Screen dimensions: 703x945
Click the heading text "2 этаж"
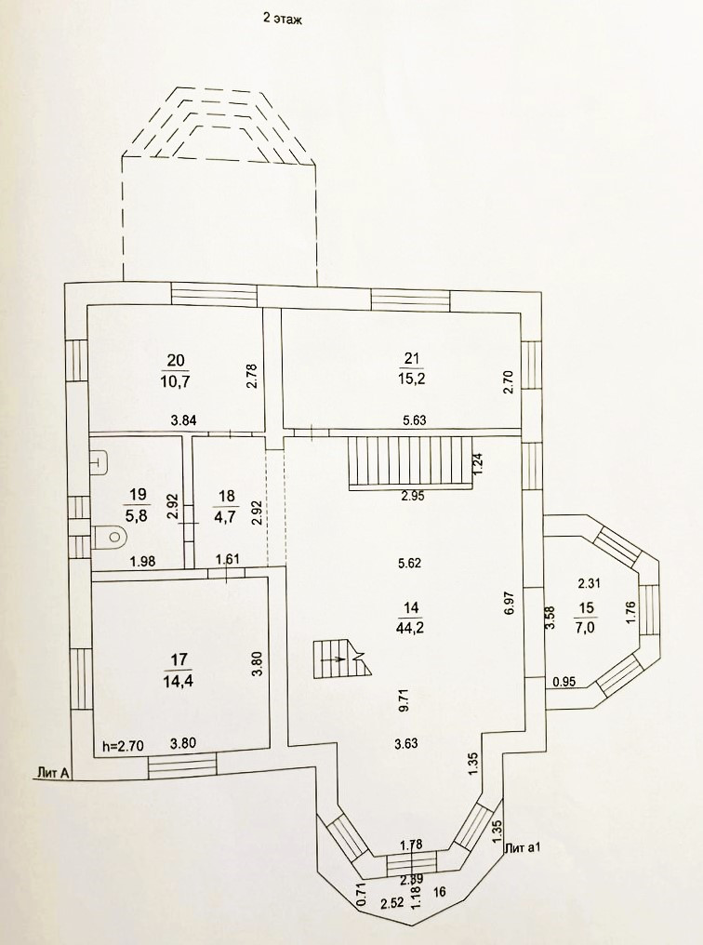coord(284,18)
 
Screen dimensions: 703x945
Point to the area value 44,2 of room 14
coord(410,626)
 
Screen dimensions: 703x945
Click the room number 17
coord(176,660)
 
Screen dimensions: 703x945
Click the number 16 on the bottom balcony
coord(439,890)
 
